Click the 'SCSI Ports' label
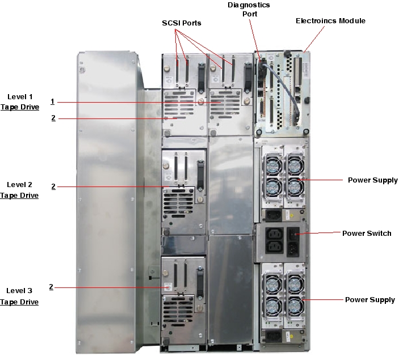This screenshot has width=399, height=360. (x=181, y=23)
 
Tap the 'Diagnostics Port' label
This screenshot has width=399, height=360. (x=249, y=10)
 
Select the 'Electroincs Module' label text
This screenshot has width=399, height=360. (x=330, y=21)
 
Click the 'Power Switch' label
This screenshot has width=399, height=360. (x=366, y=233)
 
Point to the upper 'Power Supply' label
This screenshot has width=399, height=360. (x=372, y=180)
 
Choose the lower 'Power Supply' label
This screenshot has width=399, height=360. (x=370, y=299)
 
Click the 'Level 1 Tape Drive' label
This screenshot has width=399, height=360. (x=19, y=102)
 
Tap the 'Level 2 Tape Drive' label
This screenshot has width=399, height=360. (x=19, y=190)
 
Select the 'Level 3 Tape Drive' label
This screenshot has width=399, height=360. (x=19, y=297)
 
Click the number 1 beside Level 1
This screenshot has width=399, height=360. (x=52, y=101)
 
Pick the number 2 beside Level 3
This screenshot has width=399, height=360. (x=51, y=287)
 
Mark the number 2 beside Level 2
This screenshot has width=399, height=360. (x=53, y=186)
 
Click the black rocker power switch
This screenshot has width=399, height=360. (x=294, y=233)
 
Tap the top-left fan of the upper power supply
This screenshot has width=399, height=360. (x=271, y=165)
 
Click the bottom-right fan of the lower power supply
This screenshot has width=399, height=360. (x=295, y=307)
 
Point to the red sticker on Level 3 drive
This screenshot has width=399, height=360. (x=167, y=287)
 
